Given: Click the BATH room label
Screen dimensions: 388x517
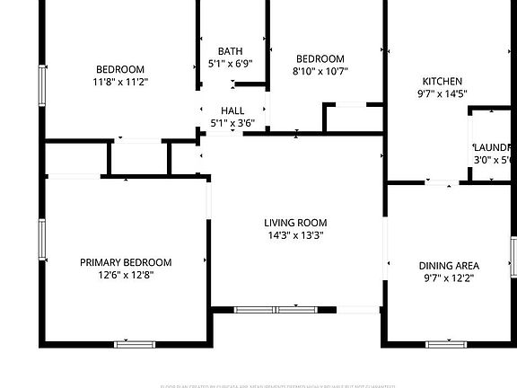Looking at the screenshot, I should pos(230,51).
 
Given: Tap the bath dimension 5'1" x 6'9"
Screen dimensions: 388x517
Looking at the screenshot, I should pos(230,64).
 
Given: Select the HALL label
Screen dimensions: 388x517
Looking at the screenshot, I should pos(233,110).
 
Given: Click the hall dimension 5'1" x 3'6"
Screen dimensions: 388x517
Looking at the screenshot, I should pos(233,122).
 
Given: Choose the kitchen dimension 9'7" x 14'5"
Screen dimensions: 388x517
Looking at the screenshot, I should pos(442,93).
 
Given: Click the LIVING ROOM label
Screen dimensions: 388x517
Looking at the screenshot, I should pos(295,223).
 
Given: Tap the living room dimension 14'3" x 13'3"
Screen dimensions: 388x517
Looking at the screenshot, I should pos(295,235).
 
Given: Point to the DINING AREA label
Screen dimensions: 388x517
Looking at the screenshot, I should pos(449,265).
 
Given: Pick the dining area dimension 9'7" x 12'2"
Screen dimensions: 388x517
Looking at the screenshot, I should pos(449,278).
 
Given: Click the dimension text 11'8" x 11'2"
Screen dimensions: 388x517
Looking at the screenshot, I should pos(121,82).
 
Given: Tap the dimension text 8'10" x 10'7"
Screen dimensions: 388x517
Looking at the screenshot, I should pos(320,71).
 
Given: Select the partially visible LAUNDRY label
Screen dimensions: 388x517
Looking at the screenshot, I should pos(494,147).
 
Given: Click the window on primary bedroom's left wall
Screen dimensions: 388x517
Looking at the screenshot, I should pos(41,240).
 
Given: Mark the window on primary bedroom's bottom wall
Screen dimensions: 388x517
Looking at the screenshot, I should pos(135,343).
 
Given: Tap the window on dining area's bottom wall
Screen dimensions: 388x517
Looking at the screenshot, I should pos(446,343).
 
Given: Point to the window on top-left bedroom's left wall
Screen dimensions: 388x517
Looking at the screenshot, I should pos(41,86).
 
